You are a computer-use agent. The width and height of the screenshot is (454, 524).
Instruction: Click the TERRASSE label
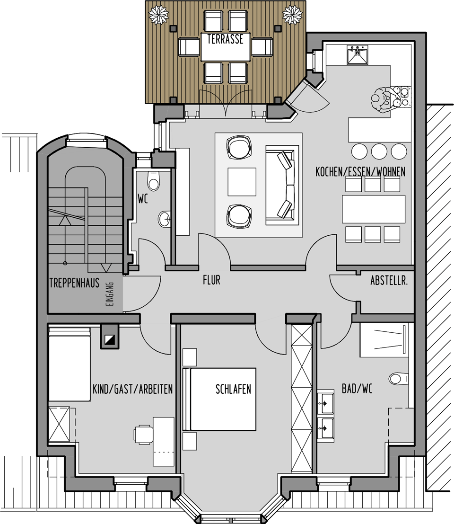tap(225, 39)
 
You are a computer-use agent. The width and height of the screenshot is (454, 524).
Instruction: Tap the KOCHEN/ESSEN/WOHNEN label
tap(360, 172)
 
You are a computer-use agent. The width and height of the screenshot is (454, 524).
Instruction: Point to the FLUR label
tap(212, 280)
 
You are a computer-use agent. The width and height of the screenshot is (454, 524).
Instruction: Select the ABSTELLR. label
tap(389, 281)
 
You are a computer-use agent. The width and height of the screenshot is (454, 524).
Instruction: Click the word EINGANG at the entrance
tap(110, 294)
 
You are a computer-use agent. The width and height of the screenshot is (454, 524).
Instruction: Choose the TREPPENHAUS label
tap(74, 283)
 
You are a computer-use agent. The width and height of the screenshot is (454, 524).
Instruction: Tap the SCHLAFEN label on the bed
tap(233, 389)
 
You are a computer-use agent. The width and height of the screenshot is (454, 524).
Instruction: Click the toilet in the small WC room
tap(154, 181)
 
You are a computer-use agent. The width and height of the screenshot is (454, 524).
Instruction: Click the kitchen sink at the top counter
tap(357, 55)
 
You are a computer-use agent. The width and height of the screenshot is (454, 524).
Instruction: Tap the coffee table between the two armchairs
tap(242, 182)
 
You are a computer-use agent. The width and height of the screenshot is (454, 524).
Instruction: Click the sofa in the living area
tap(282, 185)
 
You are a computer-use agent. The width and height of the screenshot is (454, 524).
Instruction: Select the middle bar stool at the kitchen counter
tap(379, 151)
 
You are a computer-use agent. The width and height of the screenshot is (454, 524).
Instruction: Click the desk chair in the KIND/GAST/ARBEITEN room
tap(143, 435)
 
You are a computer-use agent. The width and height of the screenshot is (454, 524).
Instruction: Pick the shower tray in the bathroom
tap(384, 340)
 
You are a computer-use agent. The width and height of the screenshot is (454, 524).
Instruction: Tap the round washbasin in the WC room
tap(164, 219)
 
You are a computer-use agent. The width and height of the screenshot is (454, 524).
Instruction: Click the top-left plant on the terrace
tap(158, 15)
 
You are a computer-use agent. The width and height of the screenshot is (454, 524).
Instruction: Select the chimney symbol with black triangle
tap(110, 337)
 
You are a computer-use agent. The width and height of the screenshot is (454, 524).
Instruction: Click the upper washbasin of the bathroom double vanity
tap(325, 403)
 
